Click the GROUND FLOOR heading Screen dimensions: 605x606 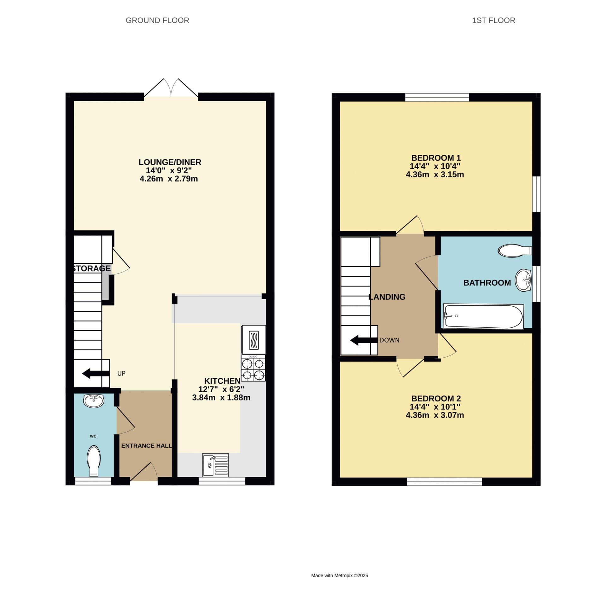pyautogui.click(x=157, y=20)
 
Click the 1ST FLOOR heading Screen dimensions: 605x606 pyautogui.click(x=493, y=20)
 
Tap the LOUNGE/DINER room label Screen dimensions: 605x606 pyautogui.click(x=170, y=162)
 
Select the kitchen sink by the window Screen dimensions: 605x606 pyautogui.click(x=216, y=465)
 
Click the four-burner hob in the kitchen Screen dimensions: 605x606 pyautogui.click(x=253, y=368)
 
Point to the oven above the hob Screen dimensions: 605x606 pyautogui.click(x=253, y=340)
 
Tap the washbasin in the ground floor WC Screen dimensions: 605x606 pyautogui.click(x=93, y=401)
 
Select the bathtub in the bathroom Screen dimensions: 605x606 pyautogui.click(x=483, y=317)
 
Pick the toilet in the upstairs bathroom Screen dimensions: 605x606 pyautogui.click(x=514, y=251)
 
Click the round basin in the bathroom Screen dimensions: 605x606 pyautogui.click(x=523, y=280)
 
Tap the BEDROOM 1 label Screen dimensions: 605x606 pyautogui.click(x=436, y=158)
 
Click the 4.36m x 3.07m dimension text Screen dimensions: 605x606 pyautogui.click(x=434, y=415)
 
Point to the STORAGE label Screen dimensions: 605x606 pyautogui.click(x=91, y=268)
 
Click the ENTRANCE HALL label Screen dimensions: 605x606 pyautogui.click(x=146, y=446)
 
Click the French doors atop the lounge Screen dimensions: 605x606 pyautogui.click(x=171, y=89)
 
